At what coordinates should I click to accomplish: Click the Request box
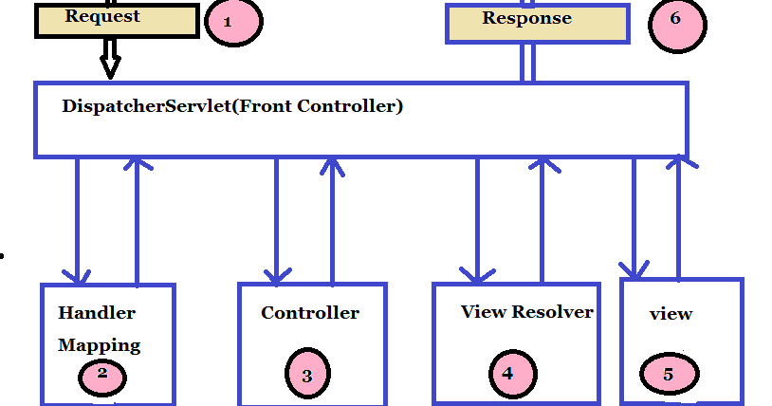117,20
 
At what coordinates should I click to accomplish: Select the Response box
537,23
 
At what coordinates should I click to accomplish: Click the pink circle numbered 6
676,22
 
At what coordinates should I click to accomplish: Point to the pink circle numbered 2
102,377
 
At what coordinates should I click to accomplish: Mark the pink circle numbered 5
668,374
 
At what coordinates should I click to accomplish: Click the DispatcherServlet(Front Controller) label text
232,106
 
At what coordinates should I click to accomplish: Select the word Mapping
99,345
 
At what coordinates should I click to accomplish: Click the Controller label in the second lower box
310,313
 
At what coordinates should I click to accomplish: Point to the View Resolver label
526,311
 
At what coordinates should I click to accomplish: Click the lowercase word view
671,314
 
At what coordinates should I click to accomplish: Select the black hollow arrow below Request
110,59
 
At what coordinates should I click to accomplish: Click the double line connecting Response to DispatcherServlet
526,63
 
